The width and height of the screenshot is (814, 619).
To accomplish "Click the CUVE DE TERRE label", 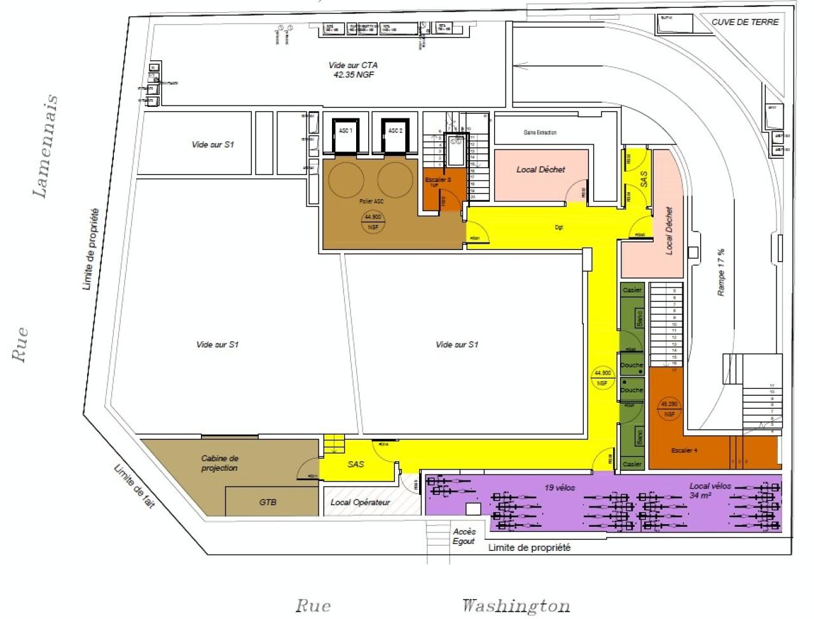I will pyautogui.click(x=745, y=22).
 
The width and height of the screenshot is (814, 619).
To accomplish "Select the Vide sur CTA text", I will pyautogui.click(x=353, y=69).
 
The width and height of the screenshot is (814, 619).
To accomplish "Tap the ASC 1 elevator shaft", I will pyautogui.click(x=346, y=136).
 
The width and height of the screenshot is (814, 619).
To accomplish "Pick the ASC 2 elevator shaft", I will pyautogui.click(x=395, y=136).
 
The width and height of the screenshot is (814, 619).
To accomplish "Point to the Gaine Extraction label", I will pyautogui.click(x=540, y=132).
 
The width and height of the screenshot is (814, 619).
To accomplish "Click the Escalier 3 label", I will pyautogui.click(x=438, y=180).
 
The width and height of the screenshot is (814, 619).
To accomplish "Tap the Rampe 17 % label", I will pyautogui.click(x=721, y=272).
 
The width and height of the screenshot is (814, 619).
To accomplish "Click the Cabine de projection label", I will pyautogui.click(x=219, y=463).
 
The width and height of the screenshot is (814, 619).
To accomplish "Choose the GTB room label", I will pyautogui.click(x=268, y=502).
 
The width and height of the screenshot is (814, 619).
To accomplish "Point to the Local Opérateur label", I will pyautogui.click(x=360, y=502).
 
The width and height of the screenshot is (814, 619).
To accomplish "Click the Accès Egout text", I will pyautogui.click(x=464, y=536).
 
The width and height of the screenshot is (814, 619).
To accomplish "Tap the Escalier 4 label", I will pyautogui.click(x=684, y=450).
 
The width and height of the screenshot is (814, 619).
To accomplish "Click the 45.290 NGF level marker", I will pyautogui.click(x=668, y=408).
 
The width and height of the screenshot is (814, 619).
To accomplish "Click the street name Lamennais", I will pyautogui.click(x=46, y=146).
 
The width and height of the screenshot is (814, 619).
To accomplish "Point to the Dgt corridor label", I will pyautogui.click(x=558, y=227).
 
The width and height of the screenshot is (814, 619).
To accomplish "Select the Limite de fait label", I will pyautogui.click(x=134, y=487).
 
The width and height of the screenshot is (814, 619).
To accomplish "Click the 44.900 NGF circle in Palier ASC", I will pyautogui.click(x=373, y=221).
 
